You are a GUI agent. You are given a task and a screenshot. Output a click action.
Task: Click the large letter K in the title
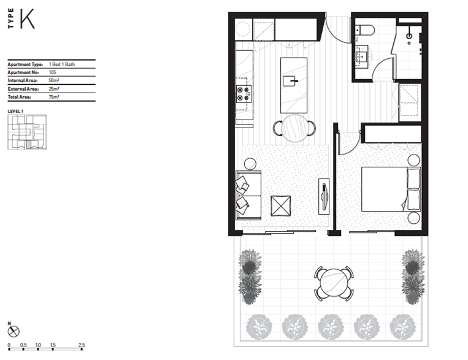coord(27,19)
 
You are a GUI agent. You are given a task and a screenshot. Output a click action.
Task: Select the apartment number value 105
coord(52,72)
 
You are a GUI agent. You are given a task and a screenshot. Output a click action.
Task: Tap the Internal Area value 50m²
coord(54,80)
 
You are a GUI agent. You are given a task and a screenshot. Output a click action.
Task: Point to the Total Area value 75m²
coord(54,97)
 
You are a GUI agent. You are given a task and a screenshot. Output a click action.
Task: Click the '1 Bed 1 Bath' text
coord(62,64)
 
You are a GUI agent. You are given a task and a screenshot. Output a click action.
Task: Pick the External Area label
coord(23,89)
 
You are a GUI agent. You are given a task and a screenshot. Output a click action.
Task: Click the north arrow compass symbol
coord(13,331)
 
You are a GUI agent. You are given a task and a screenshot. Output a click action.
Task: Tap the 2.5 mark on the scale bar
coord(82,345)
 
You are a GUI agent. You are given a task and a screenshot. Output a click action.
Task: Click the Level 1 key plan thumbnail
coord(27,132)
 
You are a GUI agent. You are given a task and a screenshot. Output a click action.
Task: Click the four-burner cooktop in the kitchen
coord(244,94)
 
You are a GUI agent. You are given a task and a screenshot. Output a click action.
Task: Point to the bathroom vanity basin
coord(361,55)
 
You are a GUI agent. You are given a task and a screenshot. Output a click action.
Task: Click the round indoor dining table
coord(294,128)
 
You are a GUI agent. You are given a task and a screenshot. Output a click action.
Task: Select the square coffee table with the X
coord(280,205)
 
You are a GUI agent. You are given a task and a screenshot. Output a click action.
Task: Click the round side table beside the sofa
coord(250,164)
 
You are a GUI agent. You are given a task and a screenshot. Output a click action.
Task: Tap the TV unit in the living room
coord(324,196)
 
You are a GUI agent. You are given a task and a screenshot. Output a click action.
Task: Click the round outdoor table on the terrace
coord(334,283)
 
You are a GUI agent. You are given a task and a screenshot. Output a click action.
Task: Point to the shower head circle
coord(409,36)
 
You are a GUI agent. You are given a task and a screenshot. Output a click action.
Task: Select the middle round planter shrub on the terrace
coord(331,326)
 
